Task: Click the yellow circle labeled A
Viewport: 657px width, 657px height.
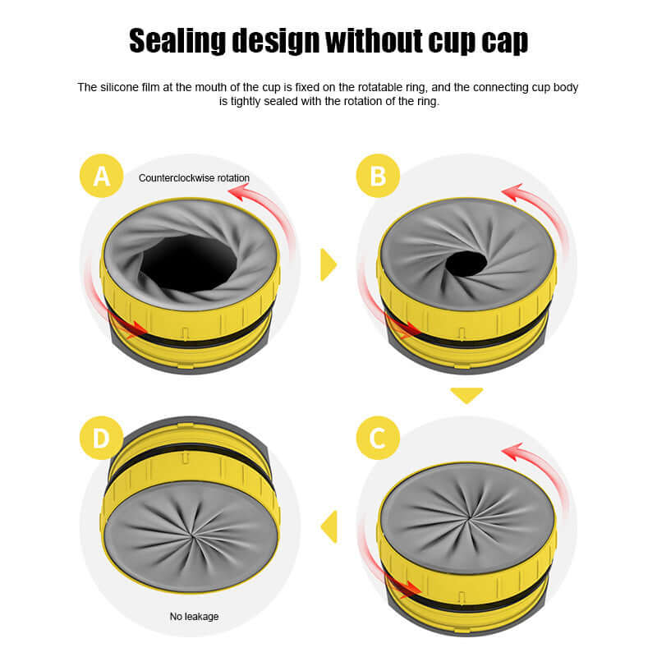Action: (x=102, y=175)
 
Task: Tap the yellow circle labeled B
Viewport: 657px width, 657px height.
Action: (x=378, y=175)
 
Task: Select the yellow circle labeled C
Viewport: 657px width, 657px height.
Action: (x=378, y=437)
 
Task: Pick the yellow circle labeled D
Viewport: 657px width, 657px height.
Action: (x=101, y=437)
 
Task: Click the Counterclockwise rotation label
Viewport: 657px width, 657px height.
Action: (x=194, y=177)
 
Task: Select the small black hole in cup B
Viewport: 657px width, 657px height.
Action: (x=466, y=264)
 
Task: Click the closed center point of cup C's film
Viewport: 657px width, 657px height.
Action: (x=467, y=518)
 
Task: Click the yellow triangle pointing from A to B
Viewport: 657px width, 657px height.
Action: (x=328, y=264)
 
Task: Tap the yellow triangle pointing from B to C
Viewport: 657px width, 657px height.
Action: (x=466, y=395)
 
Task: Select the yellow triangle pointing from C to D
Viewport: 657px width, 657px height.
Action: (x=329, y=526)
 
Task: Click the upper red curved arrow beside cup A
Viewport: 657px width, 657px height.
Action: (x=256, y=205)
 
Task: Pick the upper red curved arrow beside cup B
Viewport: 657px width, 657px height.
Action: (x=534, y=205)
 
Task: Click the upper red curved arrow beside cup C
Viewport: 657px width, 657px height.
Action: (x=534, y=464)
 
